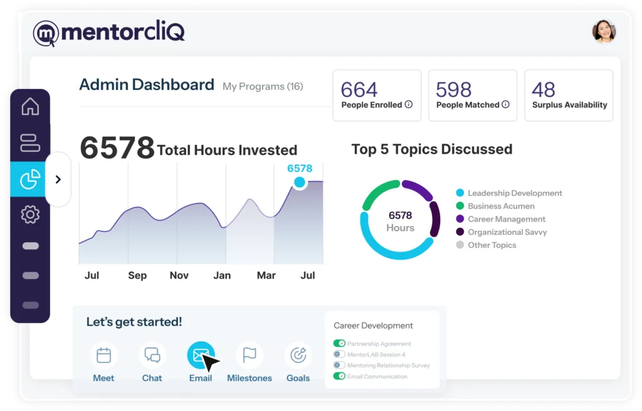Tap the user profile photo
[604, 32]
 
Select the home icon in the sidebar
[30, 107]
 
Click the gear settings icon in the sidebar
[30, 215]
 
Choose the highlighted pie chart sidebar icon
[30, 179]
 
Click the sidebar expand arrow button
[58, 179]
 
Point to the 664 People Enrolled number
[359, 90]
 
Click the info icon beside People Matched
[505, 105]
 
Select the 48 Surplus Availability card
[569, 95]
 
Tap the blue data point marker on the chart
[300, 183]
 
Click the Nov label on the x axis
[179, 275]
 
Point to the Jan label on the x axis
[222, 275]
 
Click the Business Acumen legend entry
[501, 206]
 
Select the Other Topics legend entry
[492, 245]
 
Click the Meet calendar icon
[103, 356]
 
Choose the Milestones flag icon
[250, 356]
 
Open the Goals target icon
[298, 356]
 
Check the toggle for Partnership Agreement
[339, 343]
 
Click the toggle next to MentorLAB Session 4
[339, 355]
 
